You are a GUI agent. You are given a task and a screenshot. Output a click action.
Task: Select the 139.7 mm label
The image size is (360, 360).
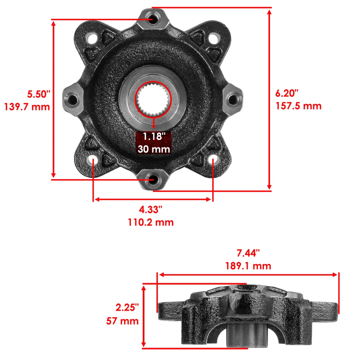coord(27,107)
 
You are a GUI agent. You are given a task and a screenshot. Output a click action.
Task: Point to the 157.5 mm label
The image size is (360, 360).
coord(298,106)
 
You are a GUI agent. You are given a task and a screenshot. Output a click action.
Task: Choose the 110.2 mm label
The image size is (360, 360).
coord(151,222)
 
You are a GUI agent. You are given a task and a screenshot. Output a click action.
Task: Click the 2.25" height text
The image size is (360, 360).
coord(127,307)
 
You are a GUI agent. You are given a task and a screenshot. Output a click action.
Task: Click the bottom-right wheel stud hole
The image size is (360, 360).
coord(213,160)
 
